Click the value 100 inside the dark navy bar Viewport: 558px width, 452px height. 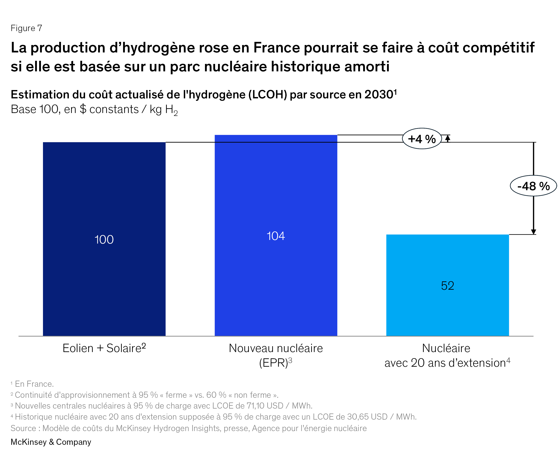point(104,240)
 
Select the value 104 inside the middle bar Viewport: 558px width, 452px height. point(276,236)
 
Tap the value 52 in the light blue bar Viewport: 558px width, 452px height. point(447,286)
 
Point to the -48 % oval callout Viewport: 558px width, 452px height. point(533,186)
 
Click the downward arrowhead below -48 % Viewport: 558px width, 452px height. point(533,231)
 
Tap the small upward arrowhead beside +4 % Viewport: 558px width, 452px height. point(447,138)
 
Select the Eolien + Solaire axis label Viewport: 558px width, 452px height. point(104,348)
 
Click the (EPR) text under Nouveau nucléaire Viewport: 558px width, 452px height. point(274,363)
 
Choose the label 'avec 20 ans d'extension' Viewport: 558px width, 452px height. point(445,363)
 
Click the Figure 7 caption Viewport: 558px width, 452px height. point(26,28)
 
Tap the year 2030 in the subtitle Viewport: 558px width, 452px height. point(379,95)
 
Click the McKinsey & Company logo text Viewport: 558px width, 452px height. point(51,442)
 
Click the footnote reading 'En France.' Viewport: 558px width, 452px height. point(34,384)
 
